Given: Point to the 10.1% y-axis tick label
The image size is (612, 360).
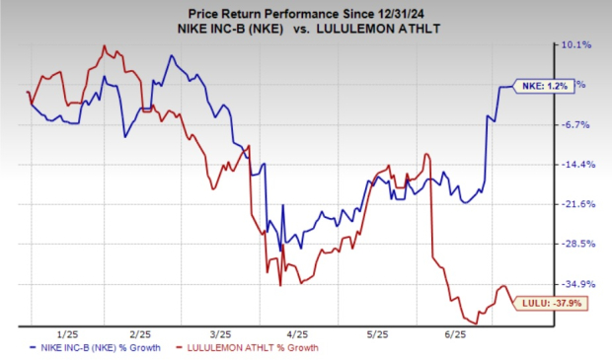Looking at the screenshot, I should click(575, 44).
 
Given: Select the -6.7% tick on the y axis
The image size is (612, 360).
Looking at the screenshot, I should click(575, 124).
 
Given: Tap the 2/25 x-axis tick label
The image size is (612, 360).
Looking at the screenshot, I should click(138, 334).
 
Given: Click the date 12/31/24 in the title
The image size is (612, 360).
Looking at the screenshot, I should click(423, 9).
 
